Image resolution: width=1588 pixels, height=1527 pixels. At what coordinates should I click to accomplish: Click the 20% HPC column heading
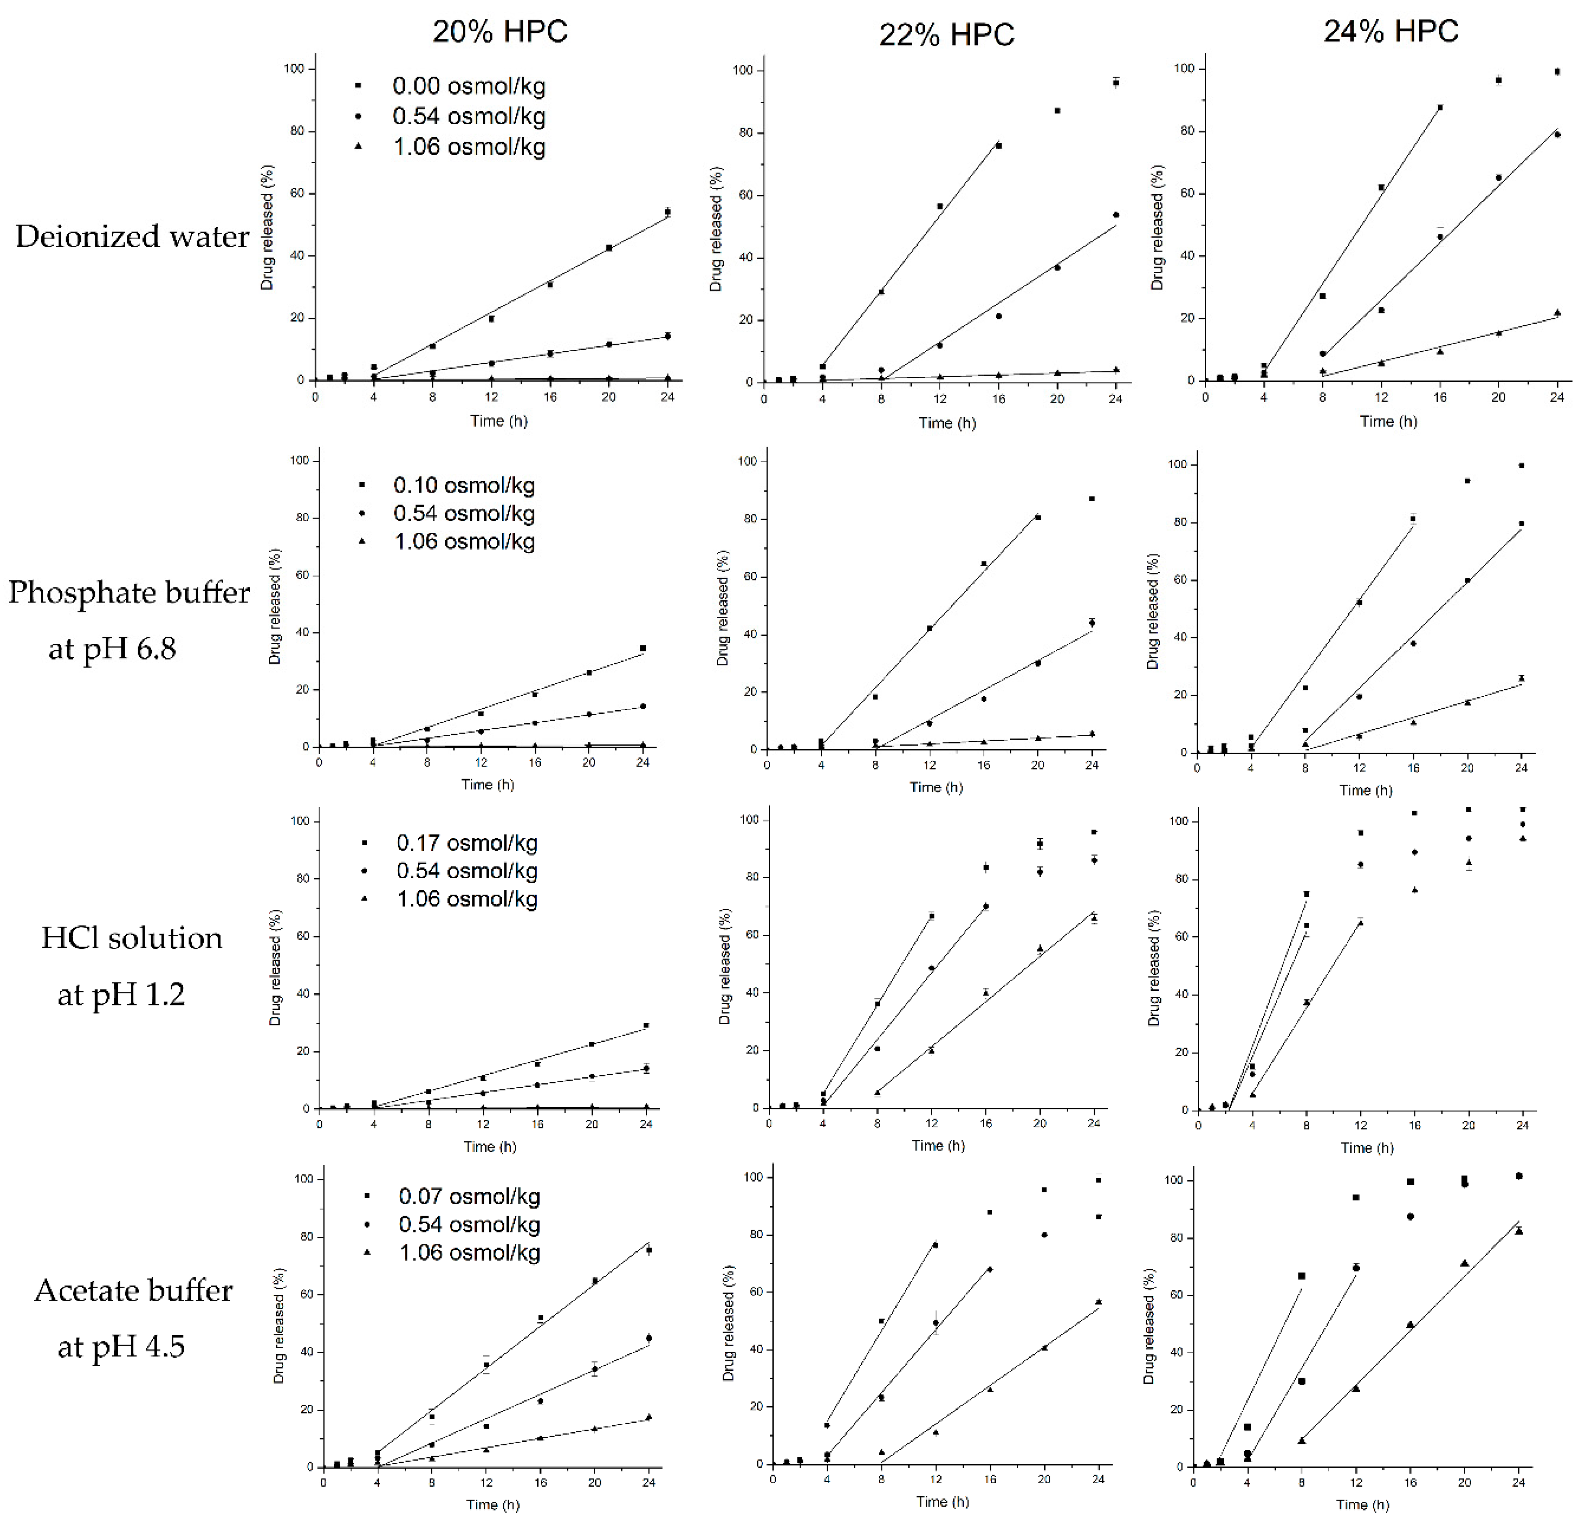(500, 32)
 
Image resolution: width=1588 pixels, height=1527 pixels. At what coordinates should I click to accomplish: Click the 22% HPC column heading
(946, 35)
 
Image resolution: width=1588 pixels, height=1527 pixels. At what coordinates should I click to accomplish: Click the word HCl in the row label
(70, 938)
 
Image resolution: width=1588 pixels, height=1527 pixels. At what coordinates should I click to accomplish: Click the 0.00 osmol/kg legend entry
(468, 86)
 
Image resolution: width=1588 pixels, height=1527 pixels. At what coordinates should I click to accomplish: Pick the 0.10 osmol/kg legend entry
(463, 485)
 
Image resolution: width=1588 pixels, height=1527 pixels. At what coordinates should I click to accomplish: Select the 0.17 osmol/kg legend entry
(467, 843)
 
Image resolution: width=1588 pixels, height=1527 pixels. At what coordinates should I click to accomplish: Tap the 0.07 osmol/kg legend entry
(469, 1196)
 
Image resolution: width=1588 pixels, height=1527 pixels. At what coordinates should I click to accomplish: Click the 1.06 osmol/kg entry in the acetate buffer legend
(469, 1253)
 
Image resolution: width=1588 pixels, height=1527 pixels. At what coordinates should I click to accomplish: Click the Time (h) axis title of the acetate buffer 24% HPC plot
(1363, 1504)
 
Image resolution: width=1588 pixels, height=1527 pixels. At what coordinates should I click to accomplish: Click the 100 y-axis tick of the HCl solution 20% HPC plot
(299, 821)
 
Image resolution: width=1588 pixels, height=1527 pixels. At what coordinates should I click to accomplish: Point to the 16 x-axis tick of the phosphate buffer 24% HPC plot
(1413, 768)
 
